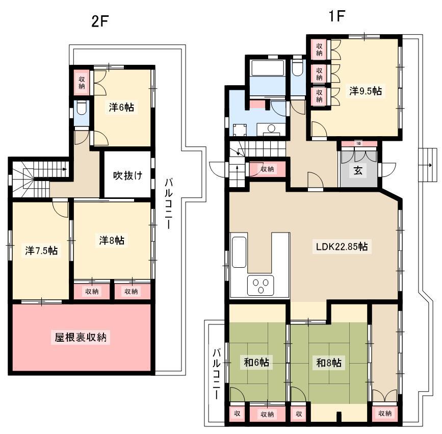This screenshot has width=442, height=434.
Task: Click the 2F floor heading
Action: click(100, 21)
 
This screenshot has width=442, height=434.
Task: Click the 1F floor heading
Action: click(337, 16)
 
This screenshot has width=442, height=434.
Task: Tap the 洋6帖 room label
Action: click(121, 108)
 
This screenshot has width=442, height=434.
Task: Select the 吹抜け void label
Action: click(127, 175)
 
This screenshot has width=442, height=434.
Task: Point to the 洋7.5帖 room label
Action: click(41, 250)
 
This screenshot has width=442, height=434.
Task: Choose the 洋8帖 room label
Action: click(112, 240)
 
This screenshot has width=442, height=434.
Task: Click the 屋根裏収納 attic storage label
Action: click(81, 337)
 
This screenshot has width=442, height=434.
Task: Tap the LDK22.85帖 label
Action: click(342, 247)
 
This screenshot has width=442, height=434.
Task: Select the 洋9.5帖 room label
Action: click(366, 91)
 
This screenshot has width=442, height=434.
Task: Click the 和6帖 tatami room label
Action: click(256, 363)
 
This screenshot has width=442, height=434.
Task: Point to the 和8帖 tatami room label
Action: click(329, 363)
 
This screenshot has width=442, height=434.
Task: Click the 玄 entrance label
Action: click(358, 170)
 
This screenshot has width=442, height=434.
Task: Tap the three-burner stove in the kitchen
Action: click(260, 286)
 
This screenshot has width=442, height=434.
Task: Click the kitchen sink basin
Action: click(239, 252)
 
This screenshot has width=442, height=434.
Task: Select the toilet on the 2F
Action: click(82, 108)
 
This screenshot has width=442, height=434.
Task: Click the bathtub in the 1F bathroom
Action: click(268, 68)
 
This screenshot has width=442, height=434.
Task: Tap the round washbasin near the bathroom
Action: click(271, 129)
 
